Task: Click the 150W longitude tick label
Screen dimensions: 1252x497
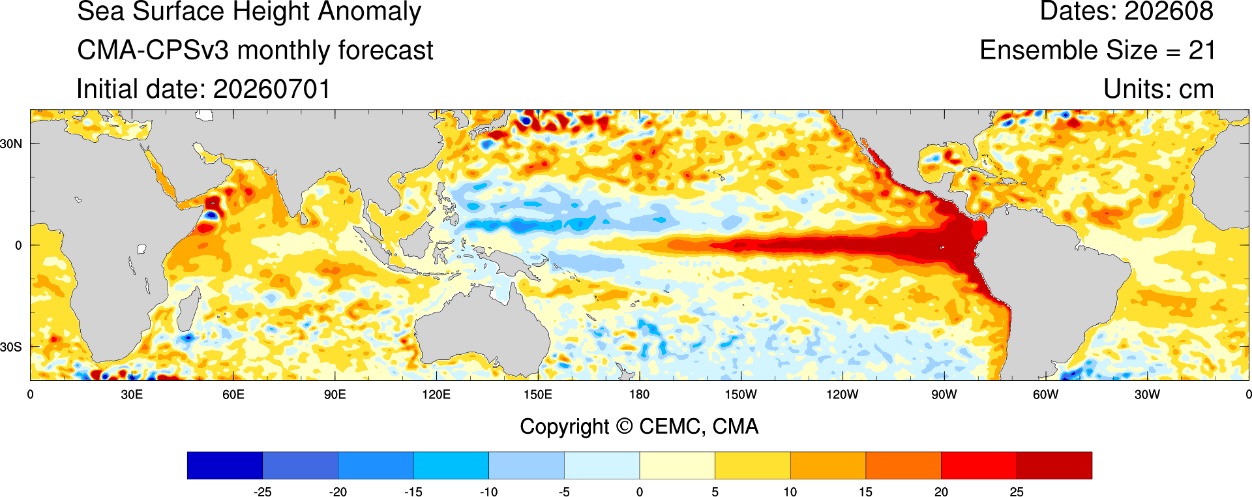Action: tap(741, 395)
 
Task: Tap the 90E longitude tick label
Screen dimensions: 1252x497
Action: tap(335, 395)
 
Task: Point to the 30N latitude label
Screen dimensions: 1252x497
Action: tap(11, 143)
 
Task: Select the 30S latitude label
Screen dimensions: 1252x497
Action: tap(11, 347)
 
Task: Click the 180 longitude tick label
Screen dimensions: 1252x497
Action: tap(639, 395)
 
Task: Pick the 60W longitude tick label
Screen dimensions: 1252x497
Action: tap(1045, 395)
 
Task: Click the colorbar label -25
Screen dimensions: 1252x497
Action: tap(262, 492)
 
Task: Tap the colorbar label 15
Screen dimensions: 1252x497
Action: tap(865, 492)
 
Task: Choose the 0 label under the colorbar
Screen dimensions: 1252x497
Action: tap(640, 492)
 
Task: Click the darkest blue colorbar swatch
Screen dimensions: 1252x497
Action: tap(225, 466)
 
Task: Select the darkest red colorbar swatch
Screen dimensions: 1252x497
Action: tap(1054, 466)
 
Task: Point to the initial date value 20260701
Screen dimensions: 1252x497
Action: tap(272, 89)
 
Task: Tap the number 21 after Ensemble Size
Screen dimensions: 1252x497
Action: tap(1202, 50)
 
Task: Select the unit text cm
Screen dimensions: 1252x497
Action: tap(1197, 90)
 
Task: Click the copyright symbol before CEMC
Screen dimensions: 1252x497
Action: tap(624, 427)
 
